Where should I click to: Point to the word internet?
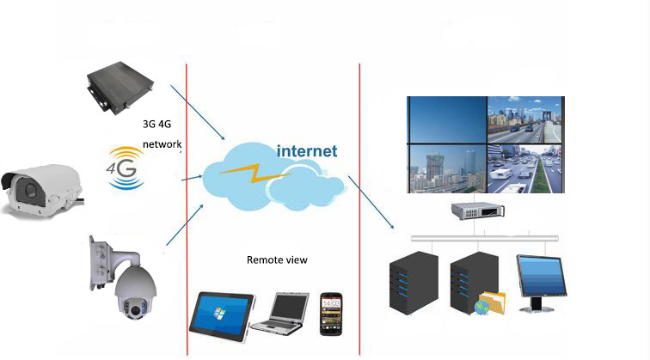click(307, 151)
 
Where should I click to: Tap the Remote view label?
click(277, 259)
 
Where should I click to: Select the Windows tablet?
click(222, 312)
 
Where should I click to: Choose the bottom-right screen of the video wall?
click(525, 168)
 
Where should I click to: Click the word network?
click(162, 145)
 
